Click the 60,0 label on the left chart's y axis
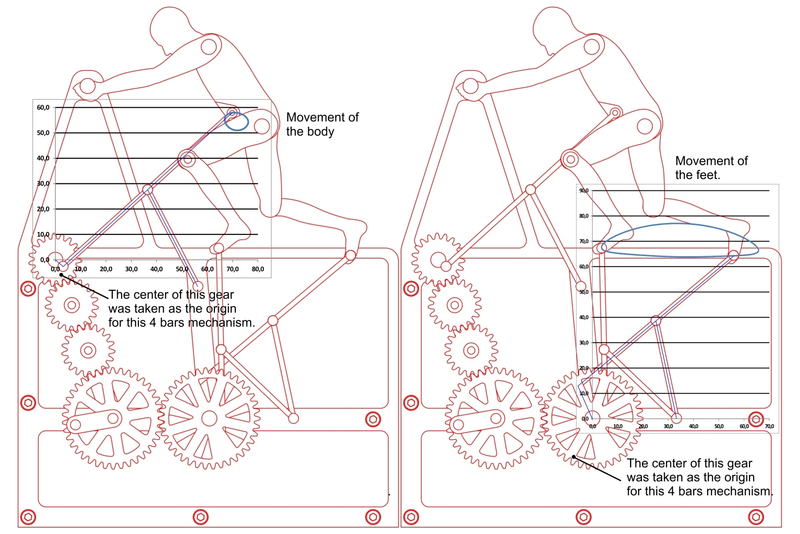coord(43,107)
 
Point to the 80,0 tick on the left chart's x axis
coord(258,269)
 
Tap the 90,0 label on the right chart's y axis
coord(584,190)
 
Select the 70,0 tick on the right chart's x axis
coord(769,426)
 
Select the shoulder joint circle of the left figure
coord(209,47)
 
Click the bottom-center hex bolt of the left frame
coord(200,517)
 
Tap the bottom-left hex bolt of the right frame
coord(411,517)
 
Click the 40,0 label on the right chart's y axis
coord(584,317)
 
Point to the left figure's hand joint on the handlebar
coord(87,86)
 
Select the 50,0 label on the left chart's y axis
coord(43,133)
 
